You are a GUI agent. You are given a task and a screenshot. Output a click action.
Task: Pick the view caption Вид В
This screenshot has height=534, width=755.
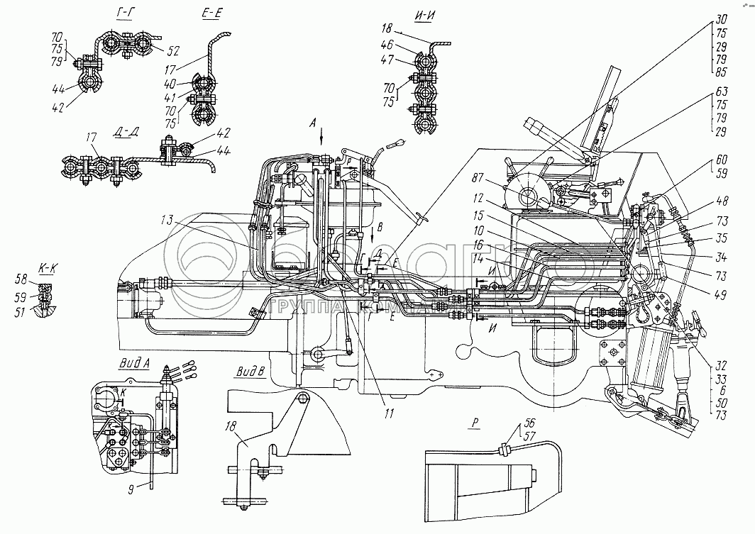click(250, 370)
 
